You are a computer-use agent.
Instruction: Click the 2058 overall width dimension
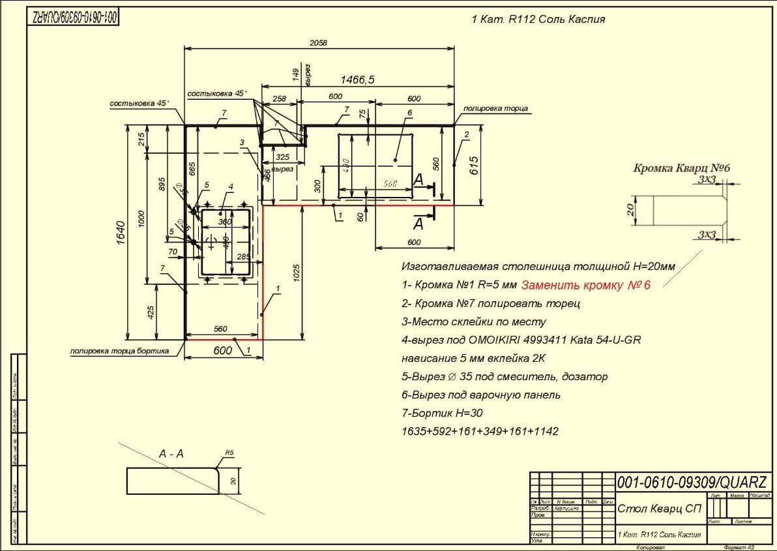coord(319,42)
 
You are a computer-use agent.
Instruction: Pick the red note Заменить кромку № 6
coord(586,284)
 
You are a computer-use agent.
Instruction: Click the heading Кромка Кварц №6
coord(682,168)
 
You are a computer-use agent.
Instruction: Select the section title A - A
coord(171,454)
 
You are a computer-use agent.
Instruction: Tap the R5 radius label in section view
coord(229,452)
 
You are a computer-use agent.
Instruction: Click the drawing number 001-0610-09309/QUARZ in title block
coord(692,483)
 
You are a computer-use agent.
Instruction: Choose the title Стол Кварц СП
coord(659,509)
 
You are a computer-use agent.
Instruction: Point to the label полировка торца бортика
coord(119,351)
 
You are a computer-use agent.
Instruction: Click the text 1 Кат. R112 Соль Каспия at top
coord(538,20)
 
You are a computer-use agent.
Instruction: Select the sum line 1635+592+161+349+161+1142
coord(480,432)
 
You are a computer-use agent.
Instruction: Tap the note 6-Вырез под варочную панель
coord(481,395)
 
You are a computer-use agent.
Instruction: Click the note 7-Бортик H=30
coord(443,413)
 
